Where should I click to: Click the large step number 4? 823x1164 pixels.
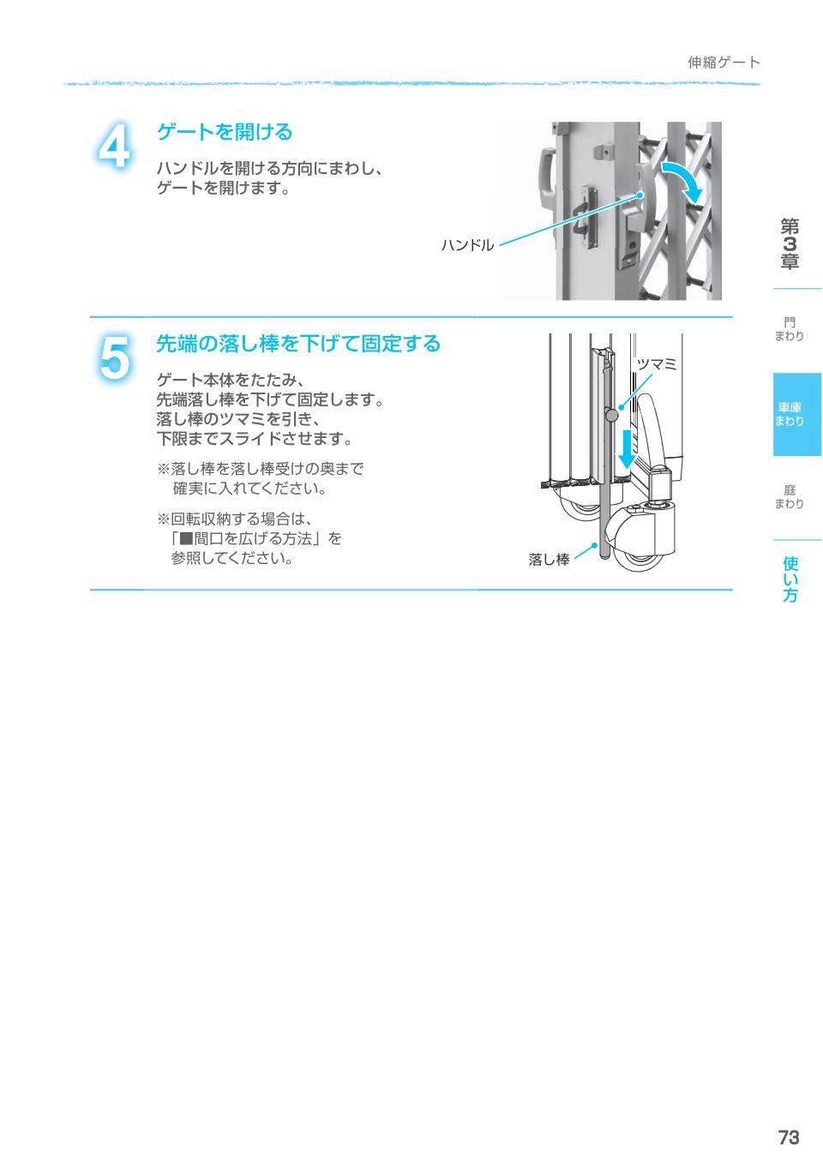[x=114, y=146]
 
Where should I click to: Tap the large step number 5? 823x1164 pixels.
[x=114, y=358]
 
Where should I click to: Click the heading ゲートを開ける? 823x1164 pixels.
[x=225, y=132]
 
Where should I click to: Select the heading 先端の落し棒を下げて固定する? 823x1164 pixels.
[x=298, y=344]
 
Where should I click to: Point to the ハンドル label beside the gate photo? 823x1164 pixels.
[x=467, y=245]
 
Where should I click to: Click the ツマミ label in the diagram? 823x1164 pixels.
[x=656, y=365]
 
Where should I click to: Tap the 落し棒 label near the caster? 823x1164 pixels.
[x=549, y=560]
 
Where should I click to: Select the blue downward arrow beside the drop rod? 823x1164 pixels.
[x=628, y=449]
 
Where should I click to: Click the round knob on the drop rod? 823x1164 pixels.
[x=611, y=415]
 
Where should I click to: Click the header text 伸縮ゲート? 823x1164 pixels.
[x=724, y=63]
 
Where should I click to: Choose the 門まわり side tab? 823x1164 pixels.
[x=790, y=329]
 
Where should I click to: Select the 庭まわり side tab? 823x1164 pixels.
[x=790, y=497]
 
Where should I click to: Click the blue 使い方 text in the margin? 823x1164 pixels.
[x=790, y=579]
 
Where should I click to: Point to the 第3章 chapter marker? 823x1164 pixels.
[x=790, y=243]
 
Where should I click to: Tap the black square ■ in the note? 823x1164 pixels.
[x=186, y=539]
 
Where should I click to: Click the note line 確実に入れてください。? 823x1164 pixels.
[x=249, y=489]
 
